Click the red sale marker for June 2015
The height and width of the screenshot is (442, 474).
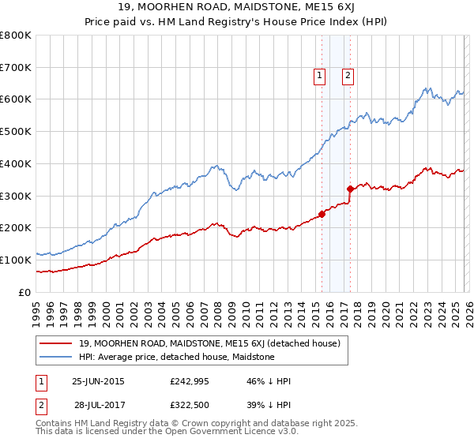(322, 213)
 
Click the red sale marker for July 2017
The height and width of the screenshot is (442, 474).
(350, 188)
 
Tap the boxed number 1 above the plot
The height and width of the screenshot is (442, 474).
(319, 76)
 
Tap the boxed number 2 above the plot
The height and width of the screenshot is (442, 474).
(348, 76)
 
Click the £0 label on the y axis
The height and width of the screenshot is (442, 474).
(25, 292)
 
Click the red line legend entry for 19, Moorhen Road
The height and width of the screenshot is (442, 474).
(209, 343)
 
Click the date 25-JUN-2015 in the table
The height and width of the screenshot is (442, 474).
(98, 381)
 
